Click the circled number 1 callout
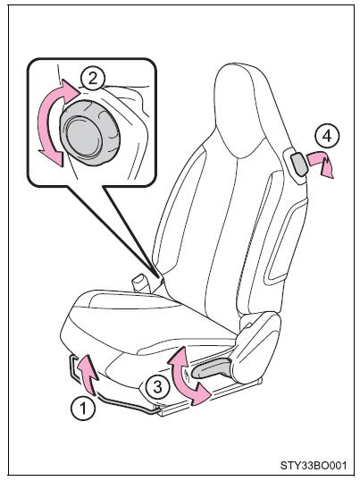point(83,409)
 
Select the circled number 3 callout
point(157,387)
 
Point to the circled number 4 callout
point(327,136)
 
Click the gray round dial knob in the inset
point(89,133)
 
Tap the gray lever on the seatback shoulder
point(298,165)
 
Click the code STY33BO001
point(314,466)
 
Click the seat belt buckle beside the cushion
point(141,283)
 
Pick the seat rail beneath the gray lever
point(212,397)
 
